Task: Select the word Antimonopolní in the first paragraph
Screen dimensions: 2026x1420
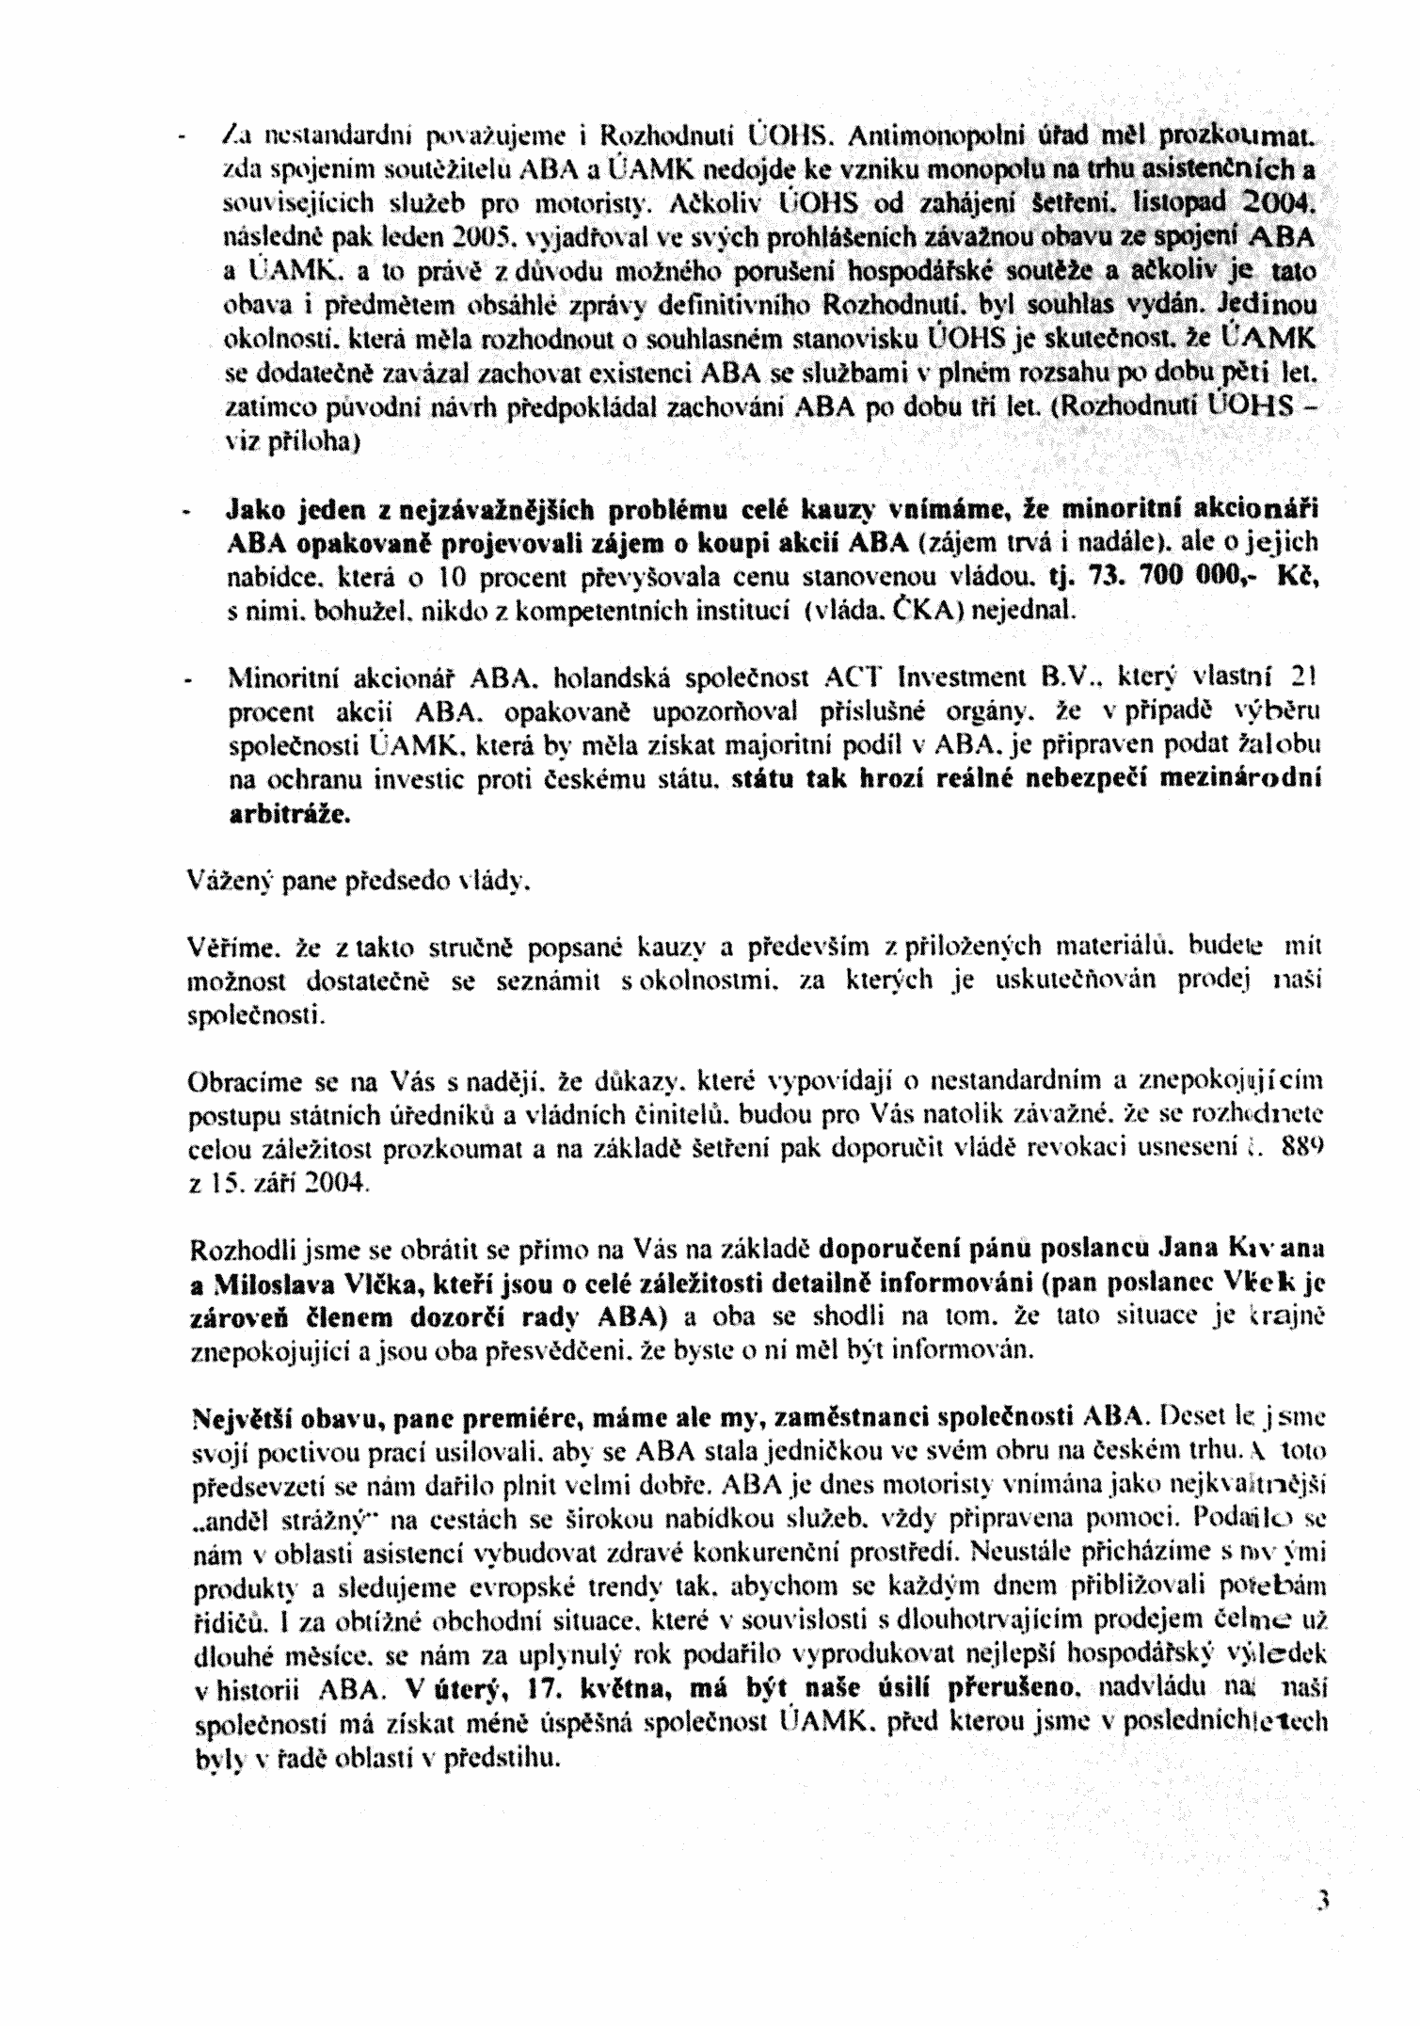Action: tap(928, 136)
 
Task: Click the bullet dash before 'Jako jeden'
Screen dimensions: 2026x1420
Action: tap(185, 513)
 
